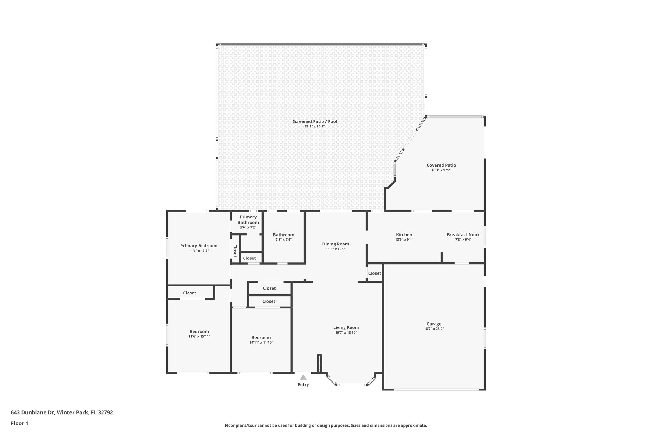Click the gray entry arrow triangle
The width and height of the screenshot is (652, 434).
point(303,377)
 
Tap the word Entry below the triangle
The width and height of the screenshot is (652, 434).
point(303,385)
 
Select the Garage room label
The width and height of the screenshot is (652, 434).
point(434,324)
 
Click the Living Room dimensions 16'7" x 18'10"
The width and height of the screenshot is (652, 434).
point(346,333)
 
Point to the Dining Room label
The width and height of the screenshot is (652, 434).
point(336,244)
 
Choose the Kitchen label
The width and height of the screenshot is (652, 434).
point(404,235)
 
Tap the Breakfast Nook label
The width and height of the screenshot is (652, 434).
point(463,235)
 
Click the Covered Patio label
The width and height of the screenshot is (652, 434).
point(441,165)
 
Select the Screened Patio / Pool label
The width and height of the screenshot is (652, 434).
point(315,121)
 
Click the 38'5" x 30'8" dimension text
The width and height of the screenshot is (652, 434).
point(315,127)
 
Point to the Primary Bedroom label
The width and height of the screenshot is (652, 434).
point(199,246)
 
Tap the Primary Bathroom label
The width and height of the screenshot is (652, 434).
point(248,220)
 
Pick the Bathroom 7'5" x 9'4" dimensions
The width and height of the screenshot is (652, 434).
point(283,240)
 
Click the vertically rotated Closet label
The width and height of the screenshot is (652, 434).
point(235,251)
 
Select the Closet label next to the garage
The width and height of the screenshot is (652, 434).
point(374,273)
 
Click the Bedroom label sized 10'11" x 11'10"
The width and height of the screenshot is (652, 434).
point(261,338)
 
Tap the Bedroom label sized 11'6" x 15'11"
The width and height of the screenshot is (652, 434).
point(199,331)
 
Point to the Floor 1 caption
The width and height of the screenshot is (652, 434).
point(19,423)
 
